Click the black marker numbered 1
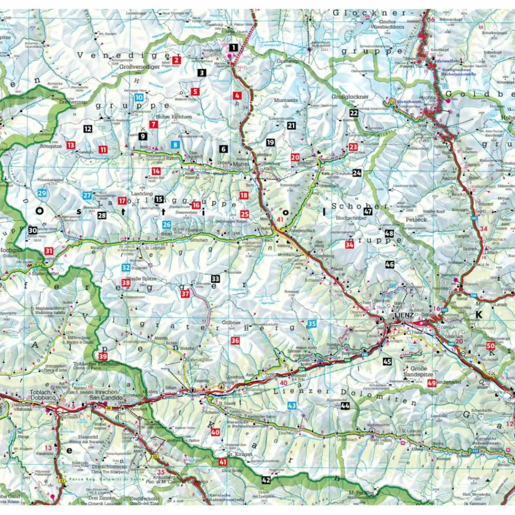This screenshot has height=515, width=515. [232, 47]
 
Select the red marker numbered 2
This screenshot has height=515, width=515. [176, 60]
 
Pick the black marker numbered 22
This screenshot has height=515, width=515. [354, 113]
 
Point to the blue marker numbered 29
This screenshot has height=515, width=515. [42, 193]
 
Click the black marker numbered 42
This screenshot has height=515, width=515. [267, 480]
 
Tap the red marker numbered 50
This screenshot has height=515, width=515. [491, 346]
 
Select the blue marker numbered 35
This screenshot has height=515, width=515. [312, 324]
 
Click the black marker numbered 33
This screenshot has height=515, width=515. [215, 278]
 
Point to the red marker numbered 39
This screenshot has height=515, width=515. [103, 358]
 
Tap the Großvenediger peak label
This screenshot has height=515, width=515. [139, 65]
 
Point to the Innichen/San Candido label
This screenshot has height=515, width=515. [103, 395]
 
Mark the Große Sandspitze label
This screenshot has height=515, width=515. [415, 371]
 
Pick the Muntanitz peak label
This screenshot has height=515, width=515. [286, 101]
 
